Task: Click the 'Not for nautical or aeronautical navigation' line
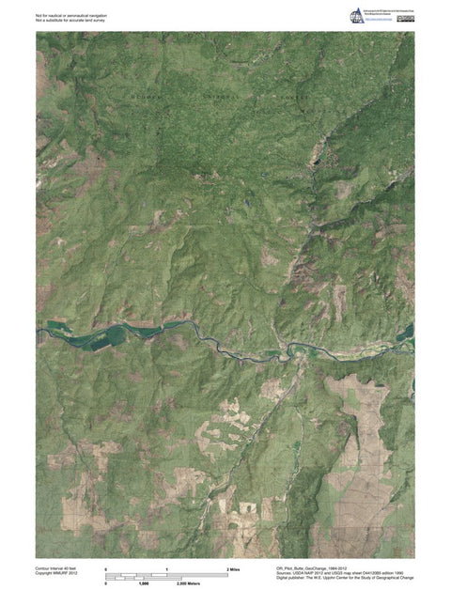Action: pos(77,15)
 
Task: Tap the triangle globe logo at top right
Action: pos(357,15)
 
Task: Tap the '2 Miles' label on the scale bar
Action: pos(235,570)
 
